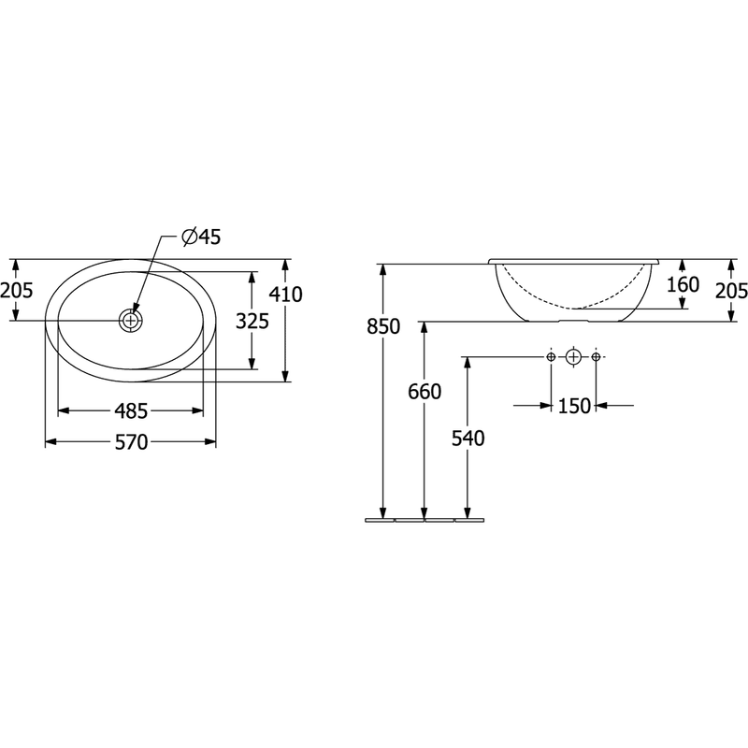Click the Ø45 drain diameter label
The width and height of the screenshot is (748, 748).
(x=201, y=237)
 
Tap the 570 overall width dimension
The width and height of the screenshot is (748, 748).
(x=132, y=442)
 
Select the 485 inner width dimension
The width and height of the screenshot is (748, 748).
(x=132, y=410)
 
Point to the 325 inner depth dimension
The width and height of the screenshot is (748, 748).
(x=252, y=322)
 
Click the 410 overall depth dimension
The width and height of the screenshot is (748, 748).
(x=286, y=295)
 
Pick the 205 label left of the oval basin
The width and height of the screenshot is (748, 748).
(x=16, y=290)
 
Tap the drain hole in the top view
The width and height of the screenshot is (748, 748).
(x=130, y=321)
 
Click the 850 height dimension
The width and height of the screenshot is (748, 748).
(x=383, y=326)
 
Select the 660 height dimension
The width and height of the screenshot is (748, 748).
(x=424, y=392)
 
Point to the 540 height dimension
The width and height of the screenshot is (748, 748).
(x=468, y=439)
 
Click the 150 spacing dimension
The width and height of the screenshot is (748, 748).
(x=574, y=406)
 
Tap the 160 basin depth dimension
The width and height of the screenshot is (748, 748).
(x=683, y=285)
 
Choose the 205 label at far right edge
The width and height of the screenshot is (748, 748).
(x=731, y=291)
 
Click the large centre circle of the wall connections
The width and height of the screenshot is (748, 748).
(x=573, y=356)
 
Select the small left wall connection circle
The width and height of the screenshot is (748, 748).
(x=551, y=356)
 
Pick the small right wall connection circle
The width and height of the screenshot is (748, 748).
(x=596, y=356)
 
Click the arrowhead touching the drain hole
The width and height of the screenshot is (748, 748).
(x=136, y=306)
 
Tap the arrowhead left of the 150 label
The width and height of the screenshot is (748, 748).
(x=545, y=406)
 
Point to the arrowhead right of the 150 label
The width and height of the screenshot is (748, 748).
(x=601, y=406)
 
